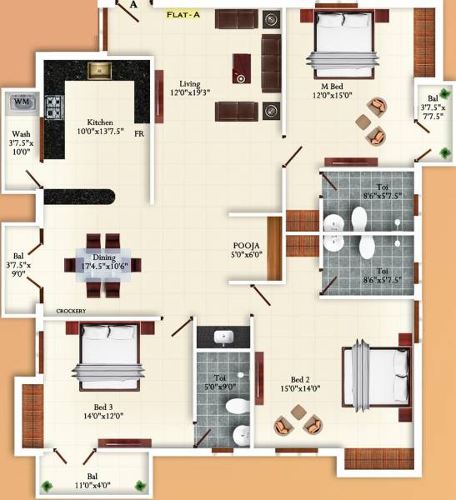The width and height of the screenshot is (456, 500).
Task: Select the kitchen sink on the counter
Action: point(99,70)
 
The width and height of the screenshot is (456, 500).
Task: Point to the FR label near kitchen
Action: point(138,132)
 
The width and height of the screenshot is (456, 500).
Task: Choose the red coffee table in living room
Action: point(241,67)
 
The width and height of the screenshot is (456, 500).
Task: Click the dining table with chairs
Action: point(103,264)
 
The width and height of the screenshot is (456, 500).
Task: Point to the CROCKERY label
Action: point(71,311)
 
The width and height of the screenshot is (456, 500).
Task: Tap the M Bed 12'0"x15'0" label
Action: point(332,90)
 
